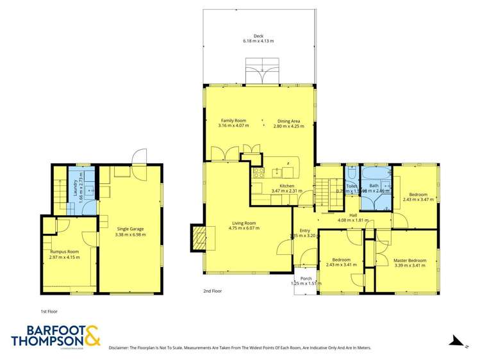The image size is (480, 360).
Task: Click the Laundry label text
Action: [x=75, y=186]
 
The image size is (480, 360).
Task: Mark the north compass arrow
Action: [x=456, y=340]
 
